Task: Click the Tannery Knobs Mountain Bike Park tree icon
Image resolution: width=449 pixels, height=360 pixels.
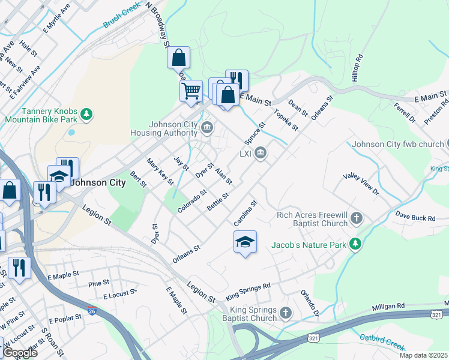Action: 86,113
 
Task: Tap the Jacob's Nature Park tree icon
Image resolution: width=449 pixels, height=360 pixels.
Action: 356,244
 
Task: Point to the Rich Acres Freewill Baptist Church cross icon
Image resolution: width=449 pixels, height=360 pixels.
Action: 357,218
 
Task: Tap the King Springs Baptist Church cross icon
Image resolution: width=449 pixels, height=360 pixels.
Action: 286,313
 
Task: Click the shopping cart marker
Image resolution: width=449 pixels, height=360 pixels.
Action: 191,92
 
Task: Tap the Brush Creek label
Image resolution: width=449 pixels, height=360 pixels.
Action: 121,17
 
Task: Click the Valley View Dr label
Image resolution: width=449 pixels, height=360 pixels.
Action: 361,184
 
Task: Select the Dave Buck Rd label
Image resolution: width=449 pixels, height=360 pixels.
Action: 415,217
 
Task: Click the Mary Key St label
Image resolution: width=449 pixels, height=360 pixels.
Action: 160,171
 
